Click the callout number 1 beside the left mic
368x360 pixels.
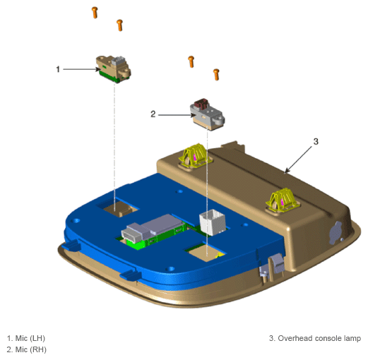(x=58, y=69)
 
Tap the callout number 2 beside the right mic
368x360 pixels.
(x=153, y=114)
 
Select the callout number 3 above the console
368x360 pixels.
(x=316, y=142)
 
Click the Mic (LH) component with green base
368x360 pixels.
(x=113, y=69)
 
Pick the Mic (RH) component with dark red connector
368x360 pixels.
(x=207, y=114)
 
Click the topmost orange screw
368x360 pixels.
(x=95, y=13)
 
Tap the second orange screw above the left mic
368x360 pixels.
(x=119, y=25)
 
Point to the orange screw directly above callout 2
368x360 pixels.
(x=191, y=61)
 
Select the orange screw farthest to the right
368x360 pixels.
(x=216, y=75)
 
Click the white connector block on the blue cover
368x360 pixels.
(x=213, y=222)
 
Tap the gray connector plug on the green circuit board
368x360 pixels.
(x=135, y=232)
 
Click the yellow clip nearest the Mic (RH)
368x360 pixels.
(x=196, y=155)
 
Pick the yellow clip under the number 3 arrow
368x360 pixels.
(x=283, y=200)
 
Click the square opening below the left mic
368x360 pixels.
(x=117, y=208)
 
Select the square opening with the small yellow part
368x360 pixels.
(x=206, y=253)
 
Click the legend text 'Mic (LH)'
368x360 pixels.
(x=30, y=338)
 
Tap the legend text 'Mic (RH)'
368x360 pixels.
(x=30, y=349)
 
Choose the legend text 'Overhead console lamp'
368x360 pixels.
(x=319, y=338)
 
